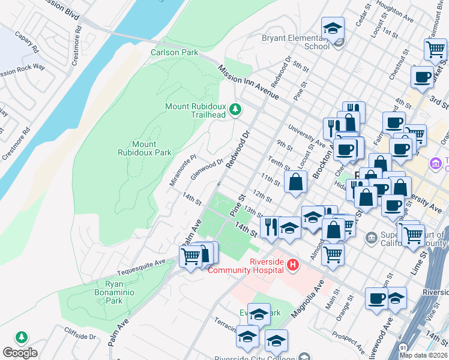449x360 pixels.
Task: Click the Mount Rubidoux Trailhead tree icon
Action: [x=237, y=109]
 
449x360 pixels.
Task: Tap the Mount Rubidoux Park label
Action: [x=152, y=149]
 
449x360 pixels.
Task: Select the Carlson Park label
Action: [x=175, y=53]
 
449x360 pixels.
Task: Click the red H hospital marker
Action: [x=292, y=265]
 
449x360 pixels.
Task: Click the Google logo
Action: [x=20, y=353]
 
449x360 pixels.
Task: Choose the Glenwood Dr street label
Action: [x=207, y=169]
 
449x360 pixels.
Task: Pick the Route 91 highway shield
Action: [x=402, y=349]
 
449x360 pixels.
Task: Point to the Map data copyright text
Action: [x=423, y=355]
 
